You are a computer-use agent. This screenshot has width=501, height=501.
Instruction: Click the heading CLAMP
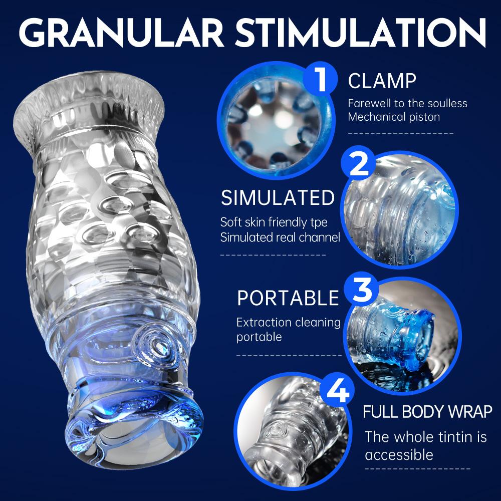tap(382, 81)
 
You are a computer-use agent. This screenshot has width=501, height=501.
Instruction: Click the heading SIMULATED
tap(278, 198)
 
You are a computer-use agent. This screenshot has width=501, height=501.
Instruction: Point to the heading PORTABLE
tap(288, 298)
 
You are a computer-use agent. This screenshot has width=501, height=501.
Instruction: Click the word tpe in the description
tap(329, 222)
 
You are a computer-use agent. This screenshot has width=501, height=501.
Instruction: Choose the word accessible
tap(399, 455)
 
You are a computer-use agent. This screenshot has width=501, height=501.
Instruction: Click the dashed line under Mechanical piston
tap(400, 134)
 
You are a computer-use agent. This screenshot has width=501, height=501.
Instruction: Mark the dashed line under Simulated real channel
tap(273, 255)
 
